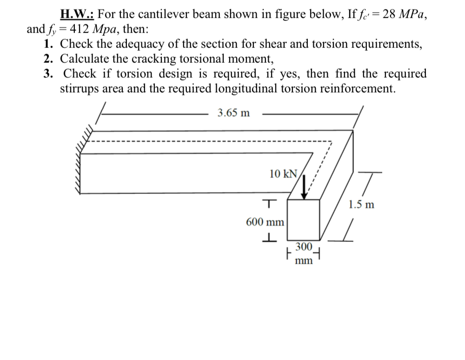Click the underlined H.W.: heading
click(77, 14)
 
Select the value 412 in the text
click(80, 29)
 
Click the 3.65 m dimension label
click(234, 113)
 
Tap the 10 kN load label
click(283, 174)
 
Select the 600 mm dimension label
click(265, 222)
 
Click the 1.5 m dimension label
click(361, 205)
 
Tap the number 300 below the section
click(304, 247)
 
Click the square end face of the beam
click(303, 220)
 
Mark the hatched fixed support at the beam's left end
click(84, 160)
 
